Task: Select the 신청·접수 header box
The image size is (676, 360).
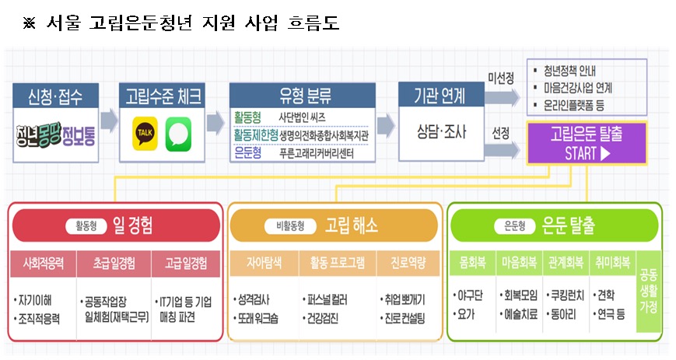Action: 58,97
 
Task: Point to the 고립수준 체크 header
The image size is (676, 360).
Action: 163,97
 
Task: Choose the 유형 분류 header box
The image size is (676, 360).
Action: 299,97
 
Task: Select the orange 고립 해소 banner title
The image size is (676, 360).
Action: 334,226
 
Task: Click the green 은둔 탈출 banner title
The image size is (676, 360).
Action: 556,226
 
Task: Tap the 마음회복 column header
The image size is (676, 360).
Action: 519,263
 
